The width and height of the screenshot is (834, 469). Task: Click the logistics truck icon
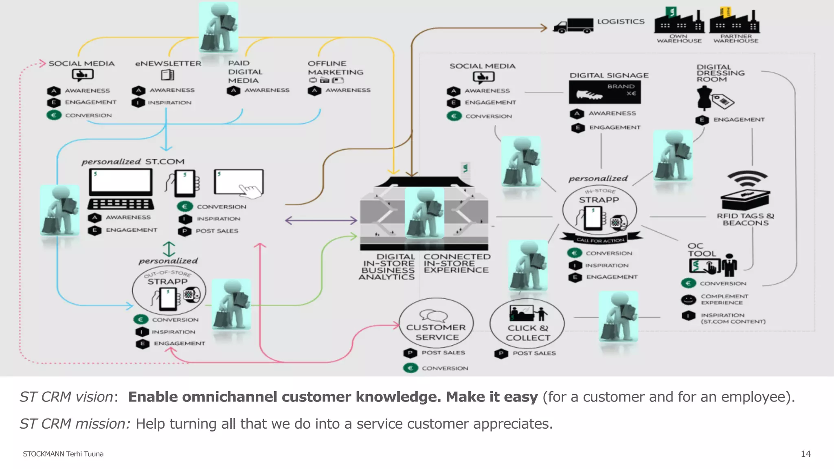(x=573, y=26)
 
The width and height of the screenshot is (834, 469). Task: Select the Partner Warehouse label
(x=735, y=39)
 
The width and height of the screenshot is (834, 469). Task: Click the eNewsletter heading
(x=168, y=64)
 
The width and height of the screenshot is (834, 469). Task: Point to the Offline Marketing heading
(x=335, y=68)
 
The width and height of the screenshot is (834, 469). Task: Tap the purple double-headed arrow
(x=321, y=221)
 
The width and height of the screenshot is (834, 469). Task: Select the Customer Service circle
(x=437, y=323)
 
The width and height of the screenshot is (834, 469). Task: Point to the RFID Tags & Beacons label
(x=745, y=219)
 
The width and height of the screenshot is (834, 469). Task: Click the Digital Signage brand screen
(x=605, y=92)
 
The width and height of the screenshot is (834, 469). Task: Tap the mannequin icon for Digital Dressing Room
(x=704, y=98)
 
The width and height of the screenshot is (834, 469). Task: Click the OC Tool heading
(x=701, y=250)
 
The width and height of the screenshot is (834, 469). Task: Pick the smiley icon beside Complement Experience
(x=688, y=300)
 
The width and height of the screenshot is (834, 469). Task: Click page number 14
(x=805, y=454)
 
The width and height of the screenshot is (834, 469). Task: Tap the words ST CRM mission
(x=75, y=424)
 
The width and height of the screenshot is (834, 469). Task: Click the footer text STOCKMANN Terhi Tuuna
(x=63, y=454)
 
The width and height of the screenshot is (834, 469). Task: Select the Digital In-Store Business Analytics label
(x=387, y=267)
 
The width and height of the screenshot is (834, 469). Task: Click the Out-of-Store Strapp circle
(x=169, y=290)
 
